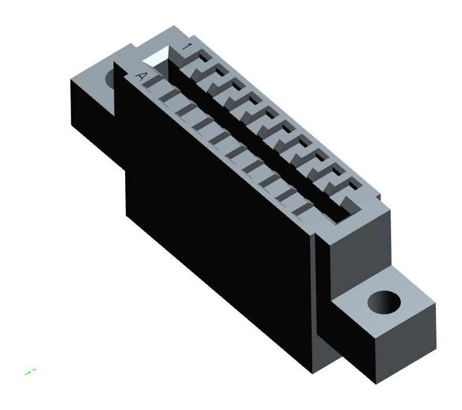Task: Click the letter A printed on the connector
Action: (x=141, y=76)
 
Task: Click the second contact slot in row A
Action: (x=167, y=97)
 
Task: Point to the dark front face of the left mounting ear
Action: (x=92, y=115)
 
